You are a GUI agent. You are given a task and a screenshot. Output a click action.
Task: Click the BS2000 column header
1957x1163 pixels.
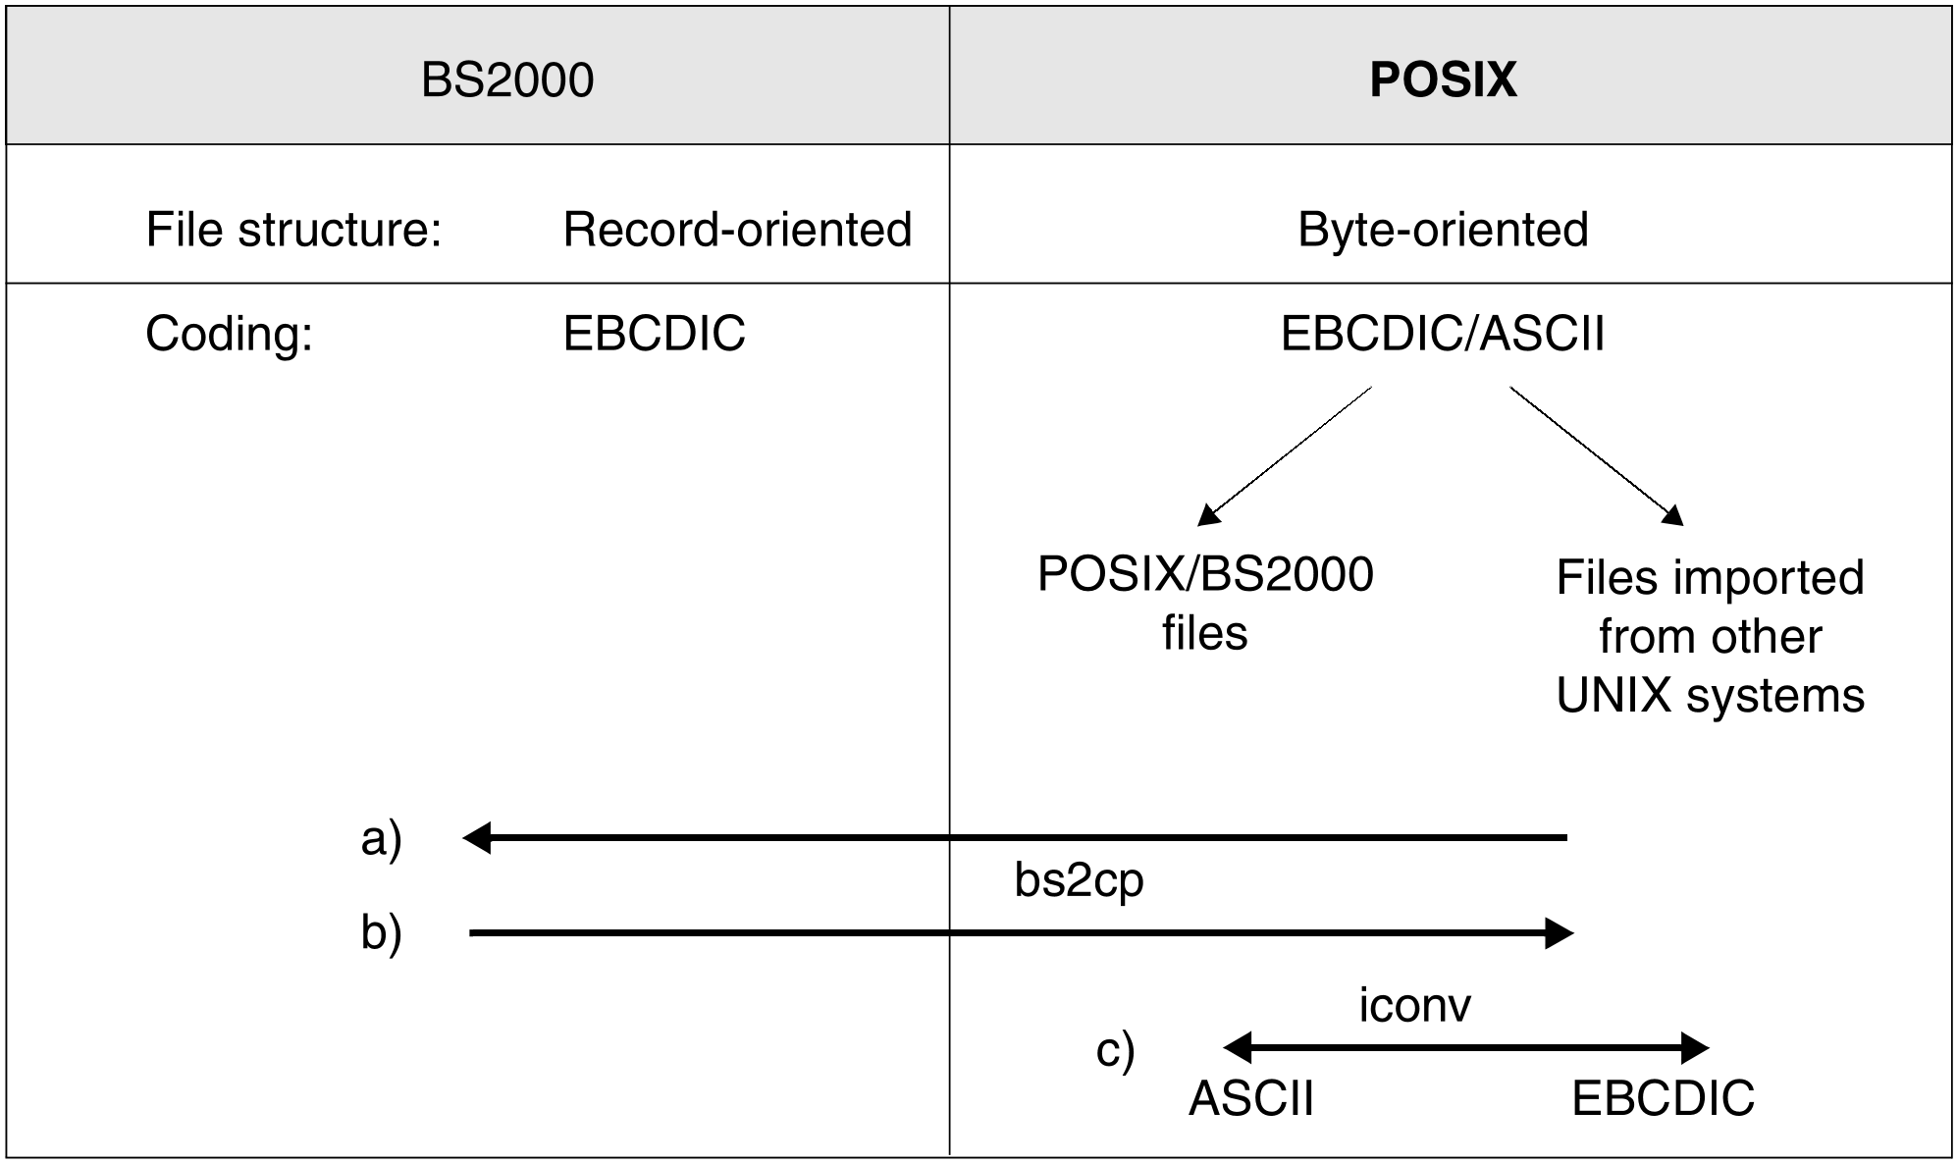[507, 79]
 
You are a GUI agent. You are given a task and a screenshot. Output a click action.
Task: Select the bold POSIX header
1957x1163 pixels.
[1443, 79]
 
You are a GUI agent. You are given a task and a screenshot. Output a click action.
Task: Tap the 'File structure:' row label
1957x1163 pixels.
[293, 230]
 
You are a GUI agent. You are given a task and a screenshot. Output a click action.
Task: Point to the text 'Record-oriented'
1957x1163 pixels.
[738, 230]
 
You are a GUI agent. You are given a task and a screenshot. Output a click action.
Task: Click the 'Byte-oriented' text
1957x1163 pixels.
[1443, 230]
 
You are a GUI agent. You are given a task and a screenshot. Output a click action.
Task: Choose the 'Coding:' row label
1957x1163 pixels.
[229, 334]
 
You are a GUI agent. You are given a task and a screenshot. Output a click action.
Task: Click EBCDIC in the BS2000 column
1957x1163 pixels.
[655, 334]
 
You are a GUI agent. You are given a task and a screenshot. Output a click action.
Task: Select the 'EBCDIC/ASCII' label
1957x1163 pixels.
[1443, 334]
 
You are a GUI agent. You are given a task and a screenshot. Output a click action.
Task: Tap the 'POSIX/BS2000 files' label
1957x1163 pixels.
[1205, 603]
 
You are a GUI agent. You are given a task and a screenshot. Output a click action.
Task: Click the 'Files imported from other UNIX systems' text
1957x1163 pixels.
[1711, 636]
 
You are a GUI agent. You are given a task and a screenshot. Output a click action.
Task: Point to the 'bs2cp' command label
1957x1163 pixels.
[1079, 881]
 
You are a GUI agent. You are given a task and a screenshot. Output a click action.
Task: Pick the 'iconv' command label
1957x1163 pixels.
[1414, 1005]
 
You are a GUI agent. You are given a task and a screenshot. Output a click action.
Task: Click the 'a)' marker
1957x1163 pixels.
[382, 839]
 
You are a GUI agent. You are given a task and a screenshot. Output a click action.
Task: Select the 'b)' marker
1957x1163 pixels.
[382, 932]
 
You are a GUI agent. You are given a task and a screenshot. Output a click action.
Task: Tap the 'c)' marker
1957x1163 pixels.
[1115, 1050]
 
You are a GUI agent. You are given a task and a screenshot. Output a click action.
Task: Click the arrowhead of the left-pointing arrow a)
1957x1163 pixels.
[463, 838]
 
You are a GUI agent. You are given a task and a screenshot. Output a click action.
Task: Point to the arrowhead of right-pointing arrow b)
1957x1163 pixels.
[1573, 933]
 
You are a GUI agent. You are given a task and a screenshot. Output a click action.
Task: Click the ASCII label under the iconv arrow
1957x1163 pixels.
[1251, 1098]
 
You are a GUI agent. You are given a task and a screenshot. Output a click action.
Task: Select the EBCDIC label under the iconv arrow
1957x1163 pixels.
[1663, 1098]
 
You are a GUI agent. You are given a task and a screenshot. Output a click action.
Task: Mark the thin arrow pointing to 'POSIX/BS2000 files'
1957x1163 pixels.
[1285, 456]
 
